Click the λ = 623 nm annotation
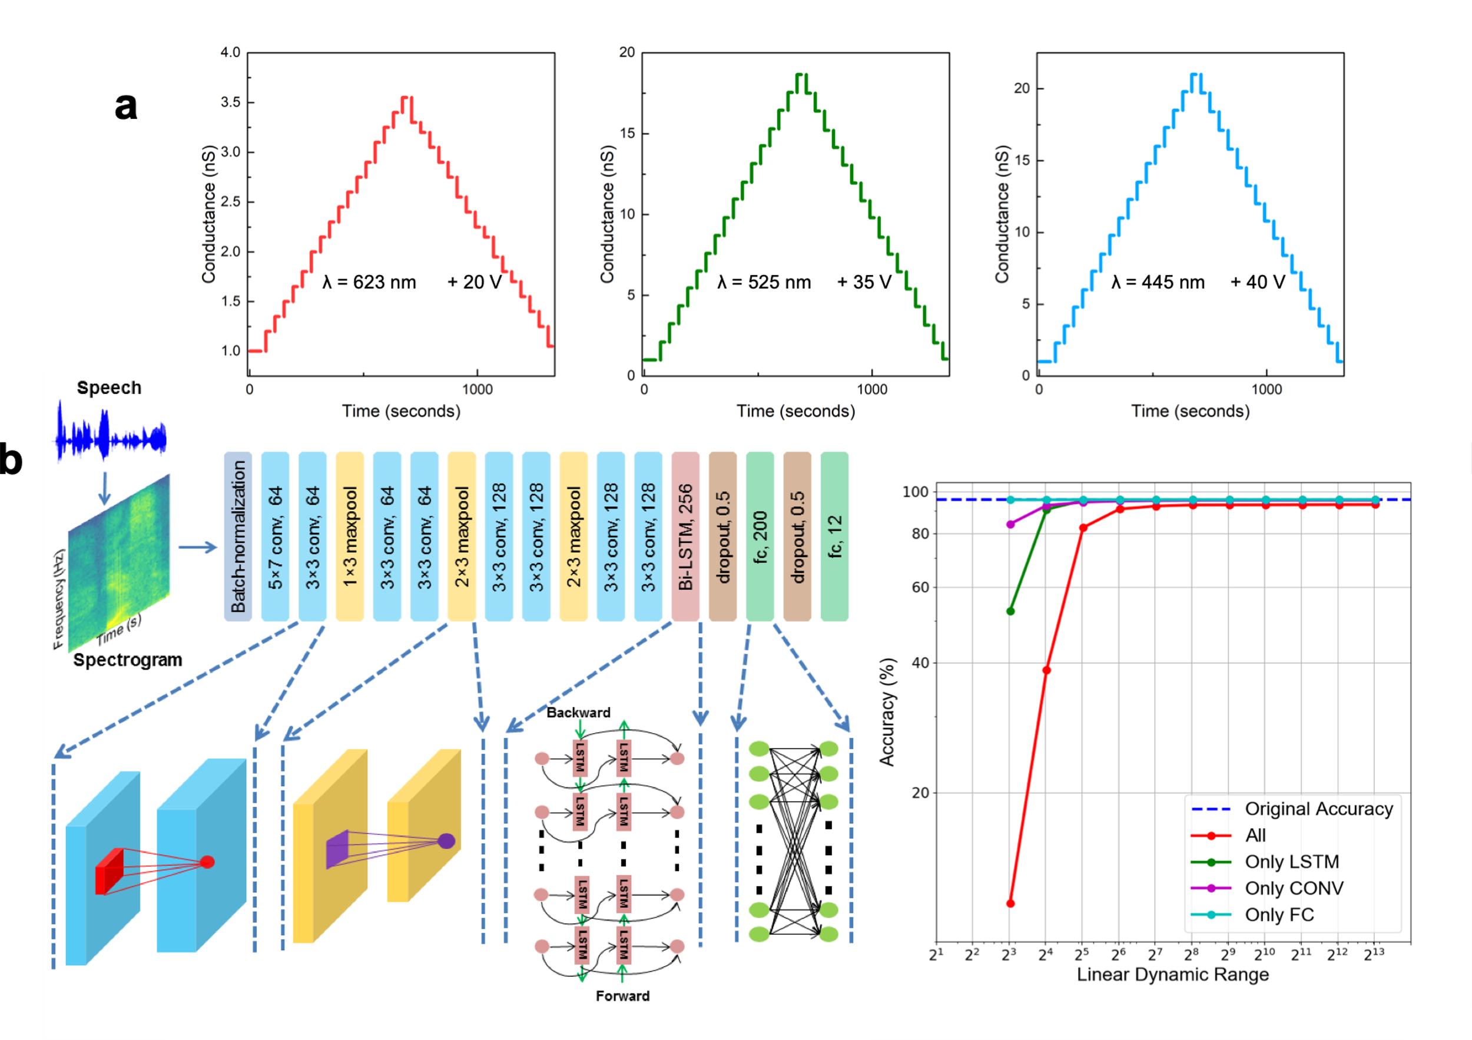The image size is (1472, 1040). click(x=369, y=282)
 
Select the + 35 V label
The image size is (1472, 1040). click(x=864, y=282)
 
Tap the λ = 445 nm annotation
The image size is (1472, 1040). click(x=1158, y=282)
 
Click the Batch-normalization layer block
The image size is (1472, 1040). click(x=238, y=536)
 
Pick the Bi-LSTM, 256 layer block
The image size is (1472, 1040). click(x=685, y=536)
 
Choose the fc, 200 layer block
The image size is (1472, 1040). click(x=760, y=536)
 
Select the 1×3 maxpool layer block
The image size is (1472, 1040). click(x=349, y=536)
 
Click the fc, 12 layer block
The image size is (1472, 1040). click(x=834, y=536)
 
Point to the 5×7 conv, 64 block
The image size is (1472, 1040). click(x=275, y=536)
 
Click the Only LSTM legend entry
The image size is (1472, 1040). click(x=1291, y=862)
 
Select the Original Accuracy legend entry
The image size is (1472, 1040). click(x=1318, y=809)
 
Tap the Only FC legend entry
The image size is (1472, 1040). click(x=1279, y=915)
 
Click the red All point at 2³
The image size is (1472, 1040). click(x=1010, y=903)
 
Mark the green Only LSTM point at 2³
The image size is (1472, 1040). click(x=1010, y=611)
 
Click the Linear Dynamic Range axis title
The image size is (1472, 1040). click(x=1173, y=975)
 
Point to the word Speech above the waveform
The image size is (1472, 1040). click(x=109, y=388)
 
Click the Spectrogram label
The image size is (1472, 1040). click(x=128, y=660)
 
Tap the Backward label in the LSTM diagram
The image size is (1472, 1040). click(x=578, y=713)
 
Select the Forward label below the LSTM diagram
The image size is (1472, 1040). click(x=622, y=996)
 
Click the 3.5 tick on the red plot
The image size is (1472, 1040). click(x=231, y=102)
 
